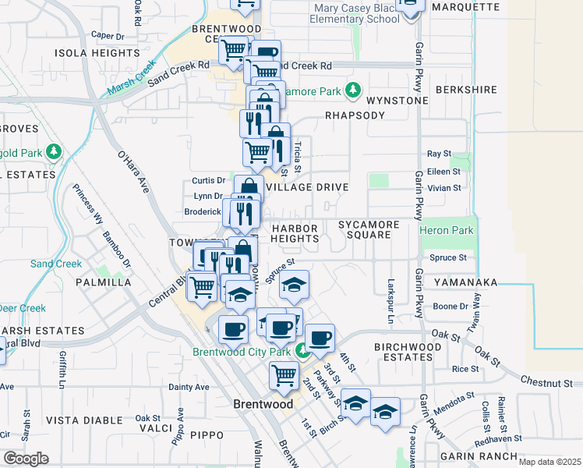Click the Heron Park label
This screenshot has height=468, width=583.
[447, 231]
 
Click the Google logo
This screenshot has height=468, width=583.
[26, 459]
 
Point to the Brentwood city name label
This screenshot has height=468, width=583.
[263, 404]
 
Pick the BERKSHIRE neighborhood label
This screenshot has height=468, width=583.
[466, 90]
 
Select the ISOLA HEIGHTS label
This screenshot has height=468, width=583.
[97, 53]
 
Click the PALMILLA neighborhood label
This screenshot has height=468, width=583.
[104, 282]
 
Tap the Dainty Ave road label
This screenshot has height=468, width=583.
[189, 386]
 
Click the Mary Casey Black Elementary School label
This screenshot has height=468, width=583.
[355, 13]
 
